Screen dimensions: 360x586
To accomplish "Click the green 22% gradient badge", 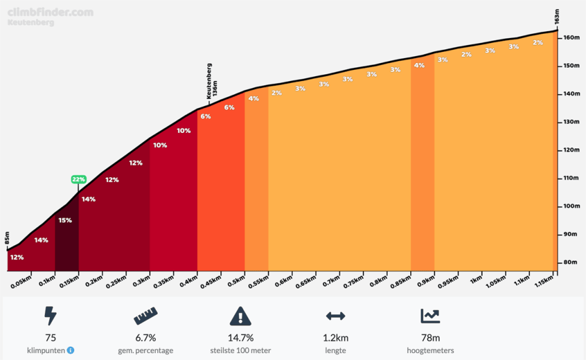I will (x=78, y=179).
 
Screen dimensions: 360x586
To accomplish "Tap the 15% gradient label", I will (x=65, y=220).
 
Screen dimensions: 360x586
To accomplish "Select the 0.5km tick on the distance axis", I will (x=236, y=280).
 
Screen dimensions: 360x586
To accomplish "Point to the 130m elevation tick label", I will (x=569, y=122).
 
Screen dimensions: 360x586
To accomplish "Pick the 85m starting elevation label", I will (x=7, y=238).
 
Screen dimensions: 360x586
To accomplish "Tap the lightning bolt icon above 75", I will (x=50, y=316).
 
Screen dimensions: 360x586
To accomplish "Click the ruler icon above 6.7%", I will (x=145, y=317).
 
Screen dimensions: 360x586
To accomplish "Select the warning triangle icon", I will (x=241, y=316).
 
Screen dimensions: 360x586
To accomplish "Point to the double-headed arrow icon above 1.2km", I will (x=335, y=317).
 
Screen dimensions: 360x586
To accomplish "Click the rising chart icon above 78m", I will (x=431, y=316).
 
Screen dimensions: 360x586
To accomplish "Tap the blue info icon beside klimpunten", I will (x=70, y=351).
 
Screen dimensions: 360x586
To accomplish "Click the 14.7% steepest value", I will (x=241, y=338).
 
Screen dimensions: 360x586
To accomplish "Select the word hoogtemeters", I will (x=431, y=351).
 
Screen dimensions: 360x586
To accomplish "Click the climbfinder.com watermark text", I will (x=50, y=12).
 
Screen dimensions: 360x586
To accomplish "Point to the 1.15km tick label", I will (x=544, y=282).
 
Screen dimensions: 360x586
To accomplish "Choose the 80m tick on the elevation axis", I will (x=569, y=263).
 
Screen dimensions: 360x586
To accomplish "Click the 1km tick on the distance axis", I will (x=476, y=280).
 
